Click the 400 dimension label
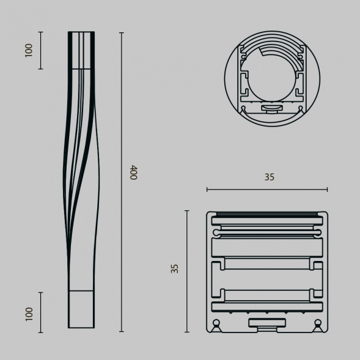(133, 172)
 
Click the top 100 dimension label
(29, 51)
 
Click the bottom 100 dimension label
(29, 314)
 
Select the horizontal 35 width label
(270, 177)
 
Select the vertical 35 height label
(175, 268)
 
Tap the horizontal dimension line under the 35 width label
(267, 189)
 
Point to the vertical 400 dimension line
(122, 182)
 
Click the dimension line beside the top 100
(40, 50)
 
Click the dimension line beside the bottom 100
(40, 312)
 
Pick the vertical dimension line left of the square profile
(187, 271)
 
